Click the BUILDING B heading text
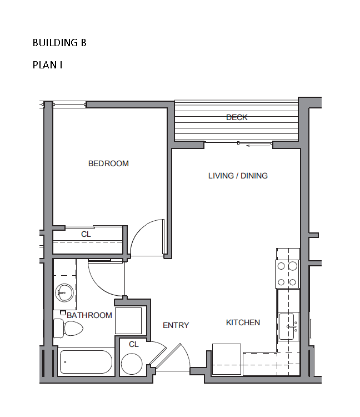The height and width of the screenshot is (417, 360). click(x=59, y=43)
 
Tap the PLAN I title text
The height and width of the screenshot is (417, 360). click(x=48, y=65)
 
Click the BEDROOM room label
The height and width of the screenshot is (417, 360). click(x=108, y=163)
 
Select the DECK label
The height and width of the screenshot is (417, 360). click(x=237, y=117)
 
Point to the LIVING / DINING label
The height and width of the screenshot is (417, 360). click(x=238, y=176)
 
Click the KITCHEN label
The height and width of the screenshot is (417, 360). click(x=243, y=322)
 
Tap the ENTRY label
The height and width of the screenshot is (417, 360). click(x=176, y=325)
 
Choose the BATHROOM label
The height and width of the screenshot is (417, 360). click(x=89, y=315)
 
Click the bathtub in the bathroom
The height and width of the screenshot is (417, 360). click(x=86, y=362)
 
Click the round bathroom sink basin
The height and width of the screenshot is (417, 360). click(x=64, y=293)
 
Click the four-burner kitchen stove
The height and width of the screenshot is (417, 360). click(x=287, y=274)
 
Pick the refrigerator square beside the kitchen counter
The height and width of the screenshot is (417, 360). click(x=227, y=359)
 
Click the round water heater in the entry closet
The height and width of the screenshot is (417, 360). click(x=132, y=364)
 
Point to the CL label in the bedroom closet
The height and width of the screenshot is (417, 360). click(x=86, y=234)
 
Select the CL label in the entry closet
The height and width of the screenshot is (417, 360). click(x=134, y=344)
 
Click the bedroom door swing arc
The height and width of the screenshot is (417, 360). click(x=139, y=229)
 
